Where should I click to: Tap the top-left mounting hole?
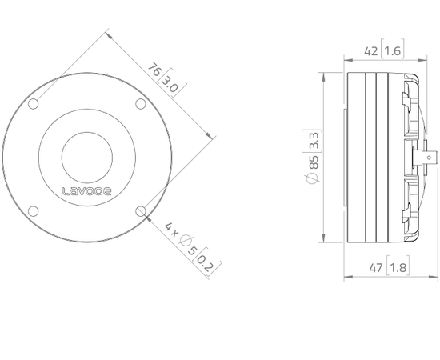click(34, 104)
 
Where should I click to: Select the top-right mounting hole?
click(141, 104)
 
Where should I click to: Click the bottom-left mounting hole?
click(34, 211)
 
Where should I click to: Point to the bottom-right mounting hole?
click(141, 211)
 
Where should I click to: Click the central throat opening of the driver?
click(87, 157)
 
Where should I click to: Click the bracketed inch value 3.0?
click(170, 82)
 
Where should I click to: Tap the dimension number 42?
click(370, 50)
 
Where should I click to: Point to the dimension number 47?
click(370, 267)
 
